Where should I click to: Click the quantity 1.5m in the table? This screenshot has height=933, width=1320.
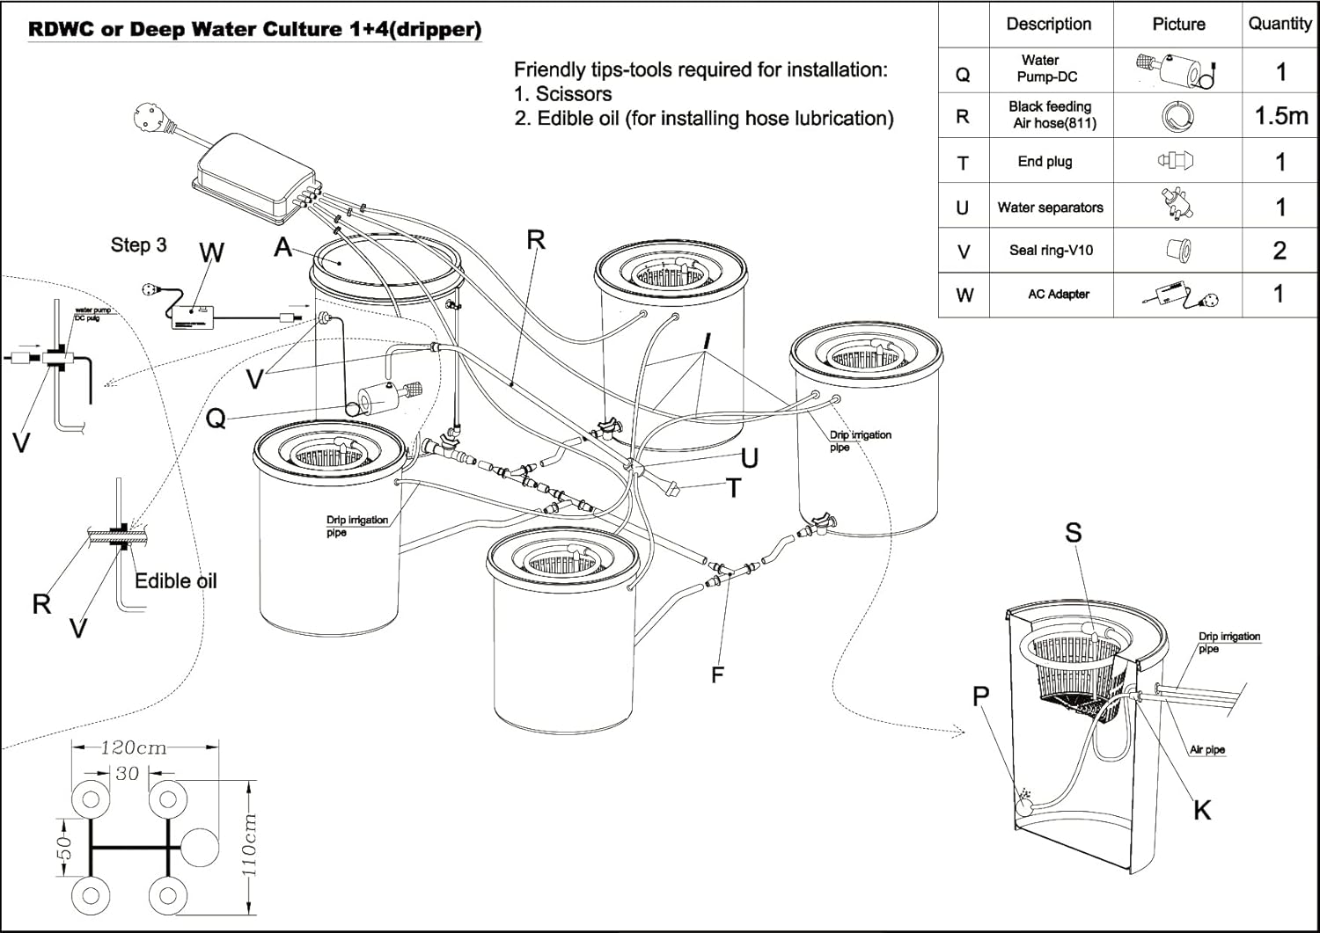pos(1280,115)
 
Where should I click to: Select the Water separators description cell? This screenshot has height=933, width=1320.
pos(1050,208)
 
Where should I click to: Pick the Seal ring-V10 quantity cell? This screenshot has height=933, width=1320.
pos(1280,251)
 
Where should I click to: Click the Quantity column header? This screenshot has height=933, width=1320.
pos(1280,24)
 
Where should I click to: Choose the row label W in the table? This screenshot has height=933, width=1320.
pos(964,295)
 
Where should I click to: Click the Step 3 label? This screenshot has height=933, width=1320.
pos(138,245)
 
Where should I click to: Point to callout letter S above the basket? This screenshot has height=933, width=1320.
pos(1073,533)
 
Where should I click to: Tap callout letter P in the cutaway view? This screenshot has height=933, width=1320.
pos(981,696)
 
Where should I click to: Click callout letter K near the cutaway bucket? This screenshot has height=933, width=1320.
pos(1202,810)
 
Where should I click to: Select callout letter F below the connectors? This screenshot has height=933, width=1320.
pos(717,674)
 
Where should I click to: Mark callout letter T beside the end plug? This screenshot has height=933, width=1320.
pos(733,488)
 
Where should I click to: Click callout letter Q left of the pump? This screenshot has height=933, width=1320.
pos(216,419)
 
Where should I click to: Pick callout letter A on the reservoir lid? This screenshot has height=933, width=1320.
pos(282,247)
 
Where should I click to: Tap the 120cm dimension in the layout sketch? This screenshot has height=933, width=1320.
pos(133,747)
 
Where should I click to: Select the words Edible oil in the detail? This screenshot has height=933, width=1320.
pos(175,581)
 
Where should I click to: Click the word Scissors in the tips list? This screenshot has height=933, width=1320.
pos(573,94)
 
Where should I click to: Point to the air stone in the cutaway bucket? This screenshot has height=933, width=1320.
pos(1025,803)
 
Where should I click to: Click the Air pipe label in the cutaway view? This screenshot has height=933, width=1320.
pos(1206,750)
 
